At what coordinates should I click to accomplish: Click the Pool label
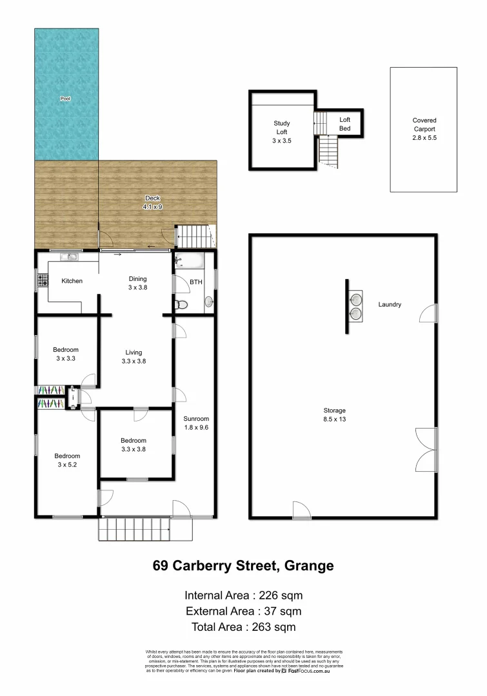point(65,99)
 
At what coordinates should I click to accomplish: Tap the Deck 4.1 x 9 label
point(152,203)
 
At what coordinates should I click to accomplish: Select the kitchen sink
point(70,257)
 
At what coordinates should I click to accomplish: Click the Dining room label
point(137,284)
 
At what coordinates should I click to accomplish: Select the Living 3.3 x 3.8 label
point(134,357)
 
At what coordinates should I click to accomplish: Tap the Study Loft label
point(282,131)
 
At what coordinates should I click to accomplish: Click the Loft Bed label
point(345,124)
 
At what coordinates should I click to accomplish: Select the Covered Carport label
point(424,129)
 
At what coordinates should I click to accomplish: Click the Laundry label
point(390,304)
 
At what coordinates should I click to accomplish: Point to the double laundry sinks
point(355,306)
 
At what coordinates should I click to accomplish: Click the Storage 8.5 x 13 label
point(335,414)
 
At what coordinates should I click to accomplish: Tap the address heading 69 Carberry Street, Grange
point(243,566)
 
